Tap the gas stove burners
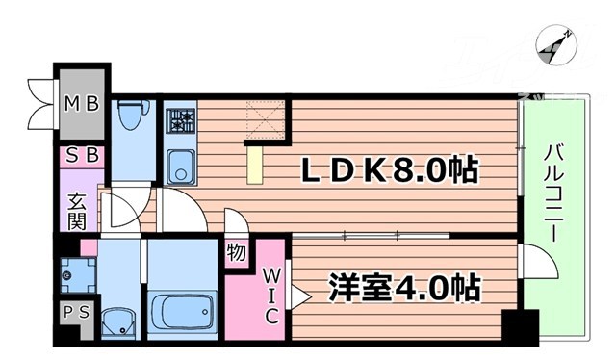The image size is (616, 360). point(180,121)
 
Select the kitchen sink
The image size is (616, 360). point(180,168)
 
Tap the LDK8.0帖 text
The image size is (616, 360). point(391,172)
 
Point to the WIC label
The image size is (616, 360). point(271,294)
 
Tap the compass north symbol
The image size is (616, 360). point(552,43)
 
